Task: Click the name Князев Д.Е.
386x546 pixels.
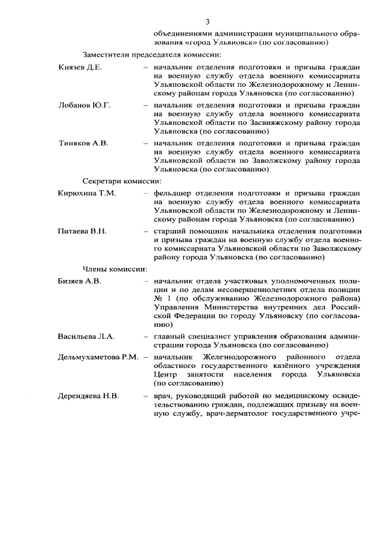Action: (80, 67)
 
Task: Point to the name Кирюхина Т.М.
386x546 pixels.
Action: (87, 193)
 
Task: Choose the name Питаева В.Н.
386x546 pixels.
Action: (82, 231)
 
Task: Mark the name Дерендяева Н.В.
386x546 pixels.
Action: (88, 396)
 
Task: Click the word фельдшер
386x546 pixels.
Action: (172, 193)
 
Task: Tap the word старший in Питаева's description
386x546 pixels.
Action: (169, 231)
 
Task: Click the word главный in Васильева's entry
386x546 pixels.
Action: (169, 336)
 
